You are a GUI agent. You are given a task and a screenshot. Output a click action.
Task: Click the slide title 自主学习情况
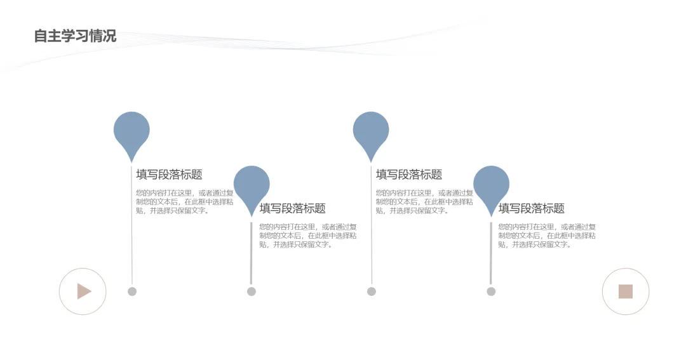(x=75, y=36)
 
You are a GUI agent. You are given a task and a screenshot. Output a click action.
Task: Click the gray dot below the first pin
(x=132, y=291)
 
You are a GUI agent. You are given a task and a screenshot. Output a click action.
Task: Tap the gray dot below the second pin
(x=252, y=291)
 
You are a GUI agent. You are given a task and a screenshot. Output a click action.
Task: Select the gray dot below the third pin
(x=372, y=291)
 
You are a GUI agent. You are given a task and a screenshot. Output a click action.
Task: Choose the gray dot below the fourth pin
(x=491, y=291)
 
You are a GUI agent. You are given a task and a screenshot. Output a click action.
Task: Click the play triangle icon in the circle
(x=83, y=291)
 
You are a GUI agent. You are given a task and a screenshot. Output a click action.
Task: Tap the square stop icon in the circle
(x=626, y=291)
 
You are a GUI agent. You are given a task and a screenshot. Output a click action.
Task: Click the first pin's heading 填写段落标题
(x=169, y=175)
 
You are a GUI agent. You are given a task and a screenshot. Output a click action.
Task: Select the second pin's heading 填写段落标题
(x=292, y=208)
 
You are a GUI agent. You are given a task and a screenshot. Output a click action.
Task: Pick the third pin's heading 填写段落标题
(x=409, y=175)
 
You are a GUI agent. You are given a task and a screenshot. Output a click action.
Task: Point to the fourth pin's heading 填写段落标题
(x=531, y=208)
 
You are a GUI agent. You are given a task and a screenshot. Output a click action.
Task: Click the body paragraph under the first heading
(x=184, y=202)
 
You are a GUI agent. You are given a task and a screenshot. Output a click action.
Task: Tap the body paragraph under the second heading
(x=307, y=236)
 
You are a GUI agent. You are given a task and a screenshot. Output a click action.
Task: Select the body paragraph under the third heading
(x=424, y=202)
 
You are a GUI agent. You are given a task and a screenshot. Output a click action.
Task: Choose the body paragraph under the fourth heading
(x=546, y=236)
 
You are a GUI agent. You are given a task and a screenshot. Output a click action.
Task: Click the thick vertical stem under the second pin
(x=251, y=254)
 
